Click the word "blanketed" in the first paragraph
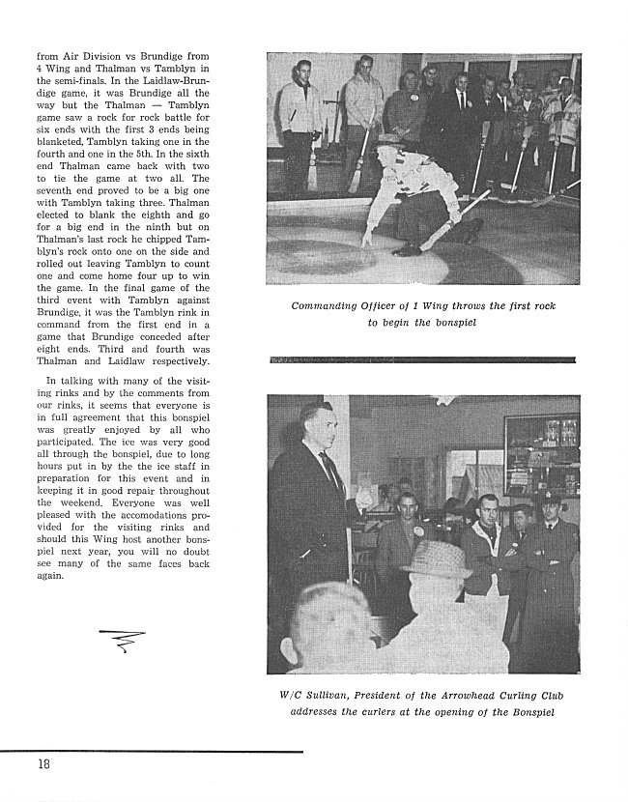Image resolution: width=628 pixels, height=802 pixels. tap(61, 165)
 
